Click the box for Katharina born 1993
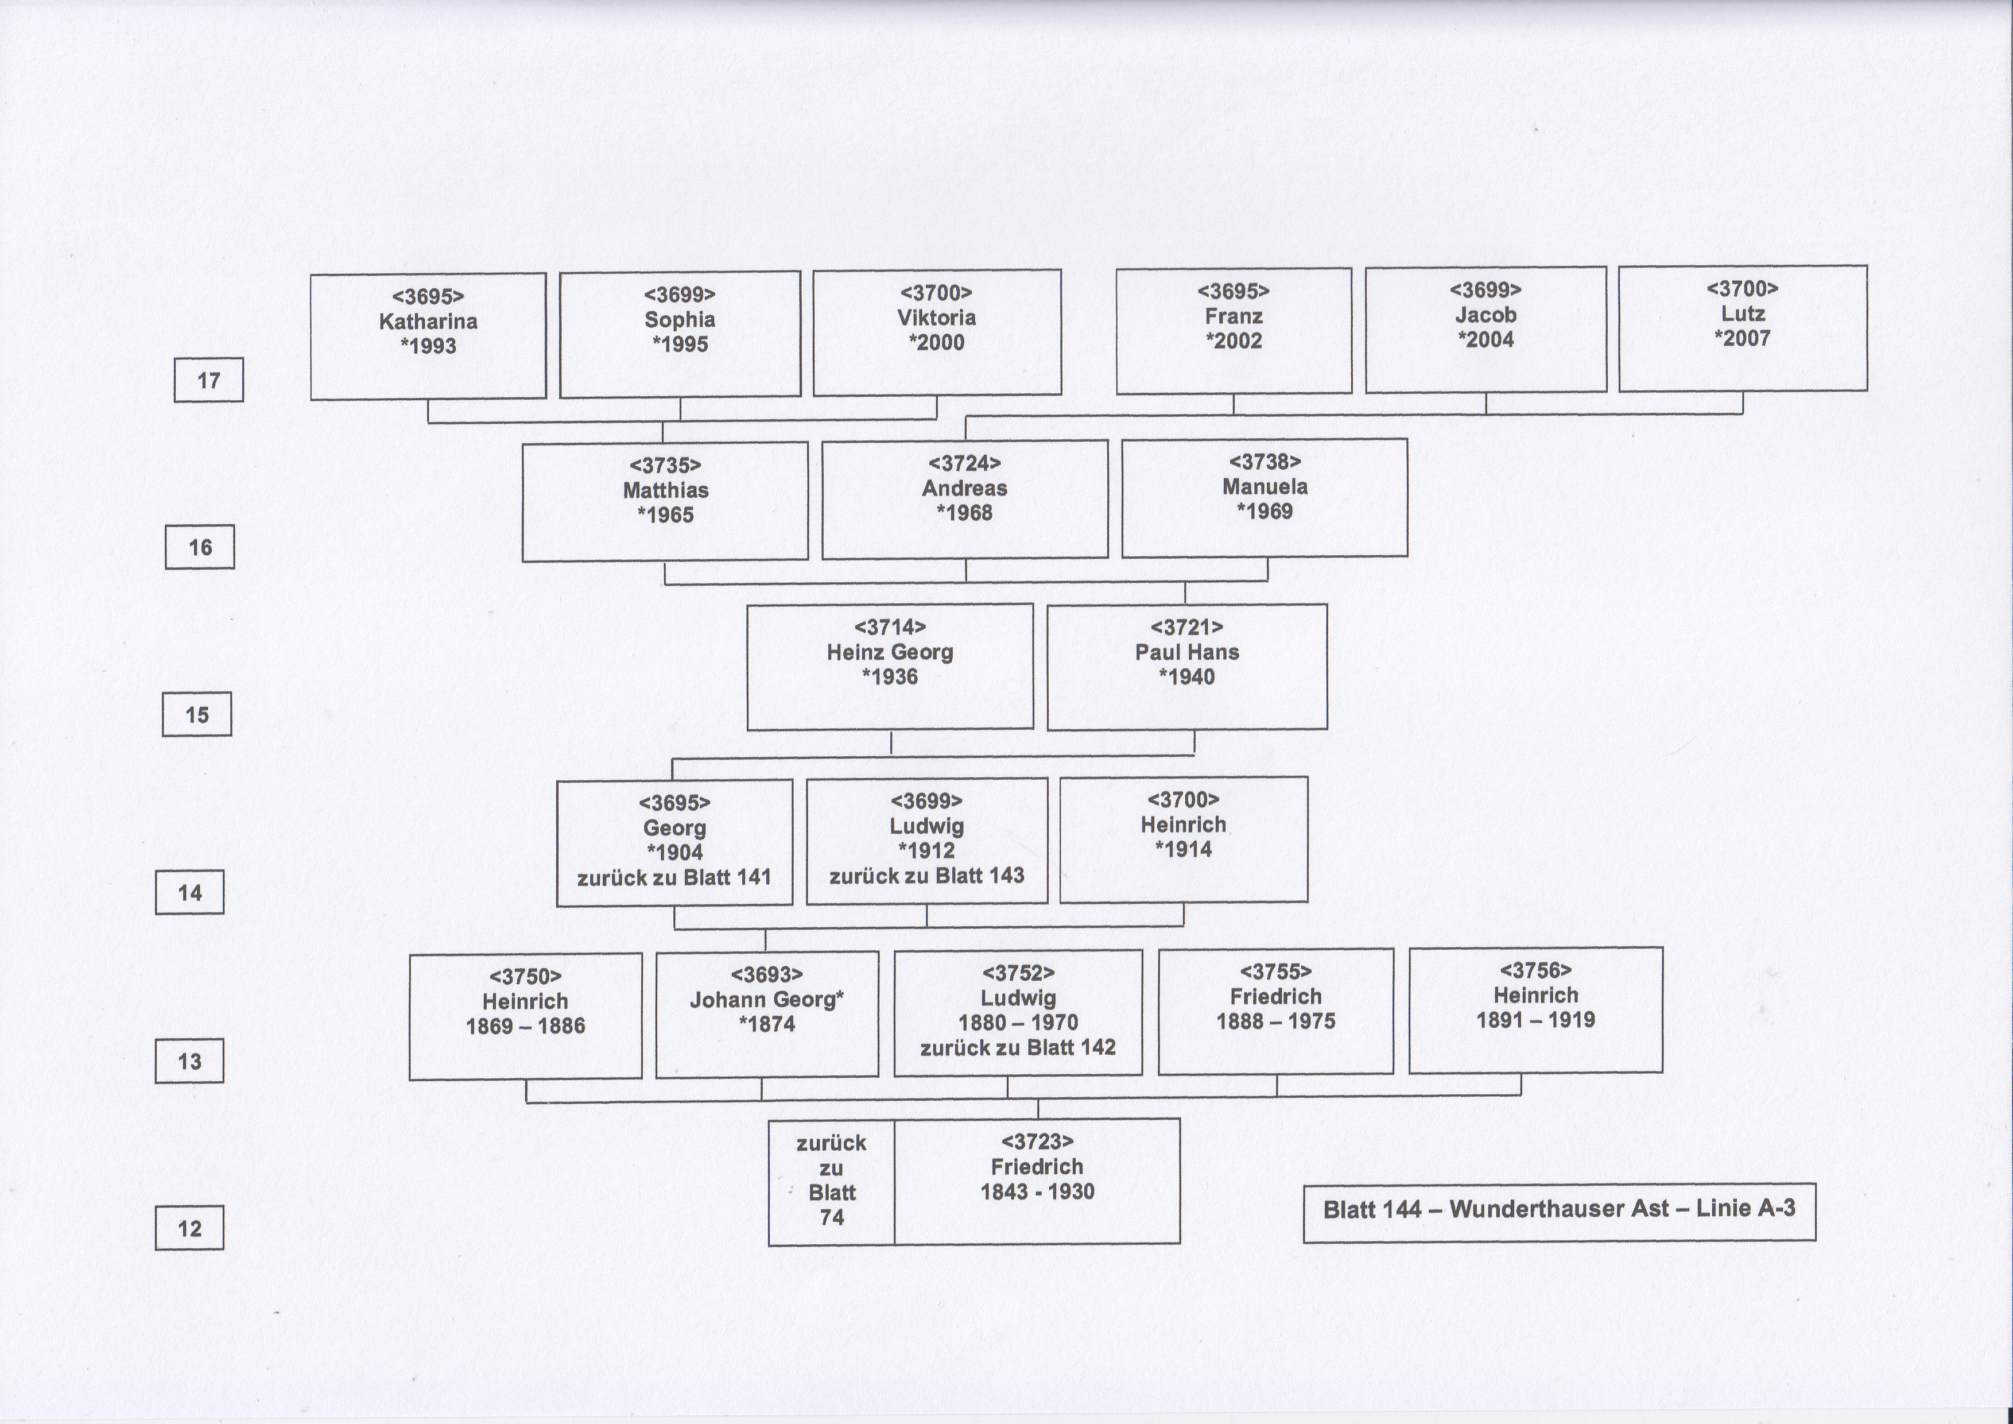428,336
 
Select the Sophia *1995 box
680,334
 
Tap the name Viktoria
936,318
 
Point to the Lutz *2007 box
1743,328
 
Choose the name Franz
1234,316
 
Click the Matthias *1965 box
665,501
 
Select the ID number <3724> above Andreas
964,463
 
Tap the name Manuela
1265,487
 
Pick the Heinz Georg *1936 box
890,667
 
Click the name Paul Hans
1187,652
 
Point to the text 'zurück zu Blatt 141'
674,877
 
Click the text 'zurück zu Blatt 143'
927,875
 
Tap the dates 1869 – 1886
525,1026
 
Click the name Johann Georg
763,1000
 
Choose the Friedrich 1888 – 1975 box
1275,1011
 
